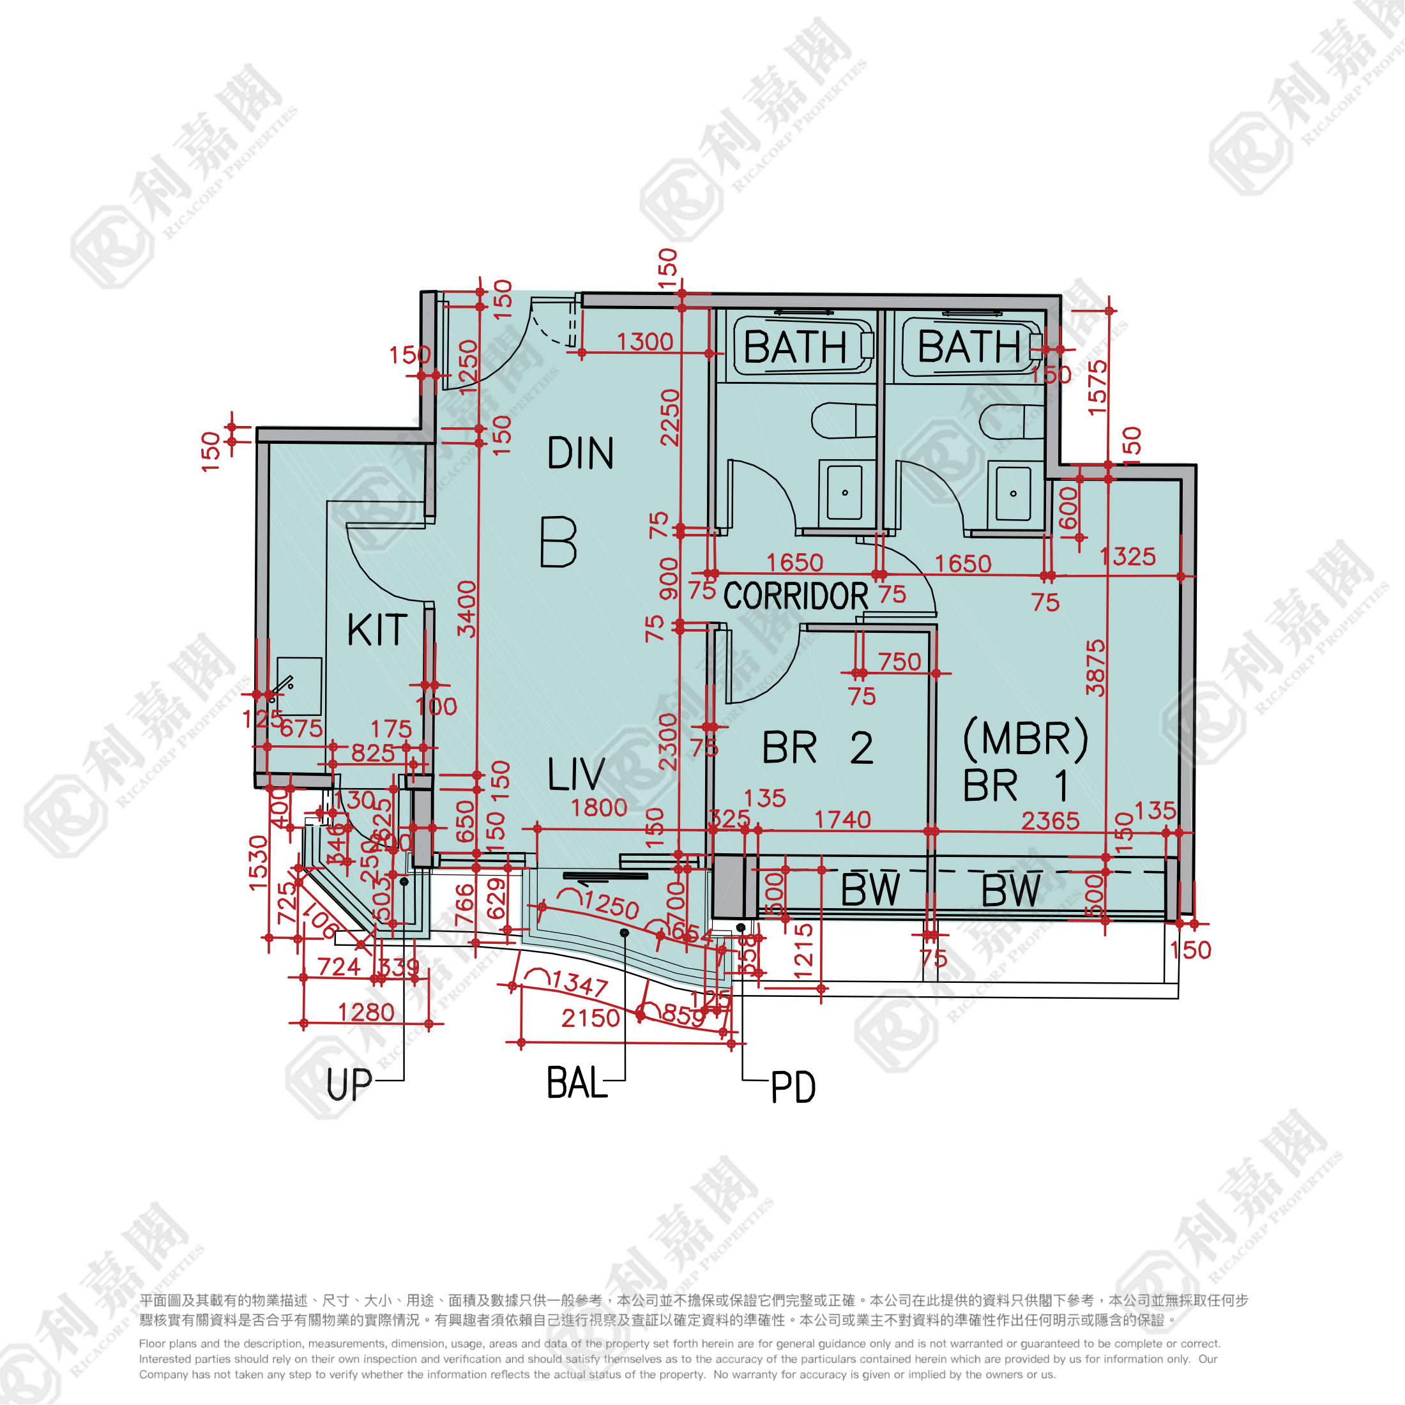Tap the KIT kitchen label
(377, 630)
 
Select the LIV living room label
(576, 775)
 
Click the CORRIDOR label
(796, 596)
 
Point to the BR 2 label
(817, 748)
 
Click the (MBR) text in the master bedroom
(1026, 739)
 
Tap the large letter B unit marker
(559, 542)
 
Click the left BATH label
(795, 347)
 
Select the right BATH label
(969, 346)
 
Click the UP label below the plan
(349, 1085)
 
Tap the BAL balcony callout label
(576, 1084)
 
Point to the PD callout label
(793, 1089)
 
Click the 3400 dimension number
(467, 609)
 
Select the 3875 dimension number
(1095, 667)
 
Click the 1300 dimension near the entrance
(645, 342)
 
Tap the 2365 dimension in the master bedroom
(1050, 821)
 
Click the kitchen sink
(299, 687)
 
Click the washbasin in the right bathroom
(1013, 493)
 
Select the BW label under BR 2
(870, 890)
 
